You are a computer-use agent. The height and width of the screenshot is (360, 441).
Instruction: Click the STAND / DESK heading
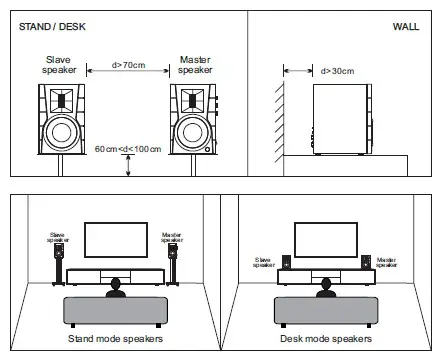tap(52, 27)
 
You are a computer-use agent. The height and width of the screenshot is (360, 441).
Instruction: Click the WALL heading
tap(406, 27)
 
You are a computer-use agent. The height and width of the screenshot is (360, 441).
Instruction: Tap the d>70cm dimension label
tap(128, 65)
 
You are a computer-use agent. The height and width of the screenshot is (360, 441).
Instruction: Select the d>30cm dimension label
tap(337, 71)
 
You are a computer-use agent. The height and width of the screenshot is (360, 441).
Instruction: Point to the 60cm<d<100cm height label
tap(128, 149)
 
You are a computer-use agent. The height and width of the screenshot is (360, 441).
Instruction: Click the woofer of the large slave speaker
tap(61, 132)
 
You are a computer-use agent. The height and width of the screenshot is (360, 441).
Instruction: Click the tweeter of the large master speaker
tap(192, 100)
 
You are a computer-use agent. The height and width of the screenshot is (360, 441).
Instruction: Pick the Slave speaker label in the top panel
tap(59, 65)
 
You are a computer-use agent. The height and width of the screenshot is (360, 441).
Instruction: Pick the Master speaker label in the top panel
tap(195, 65)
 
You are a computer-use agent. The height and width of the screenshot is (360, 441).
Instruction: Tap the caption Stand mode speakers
tap(115, 339)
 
